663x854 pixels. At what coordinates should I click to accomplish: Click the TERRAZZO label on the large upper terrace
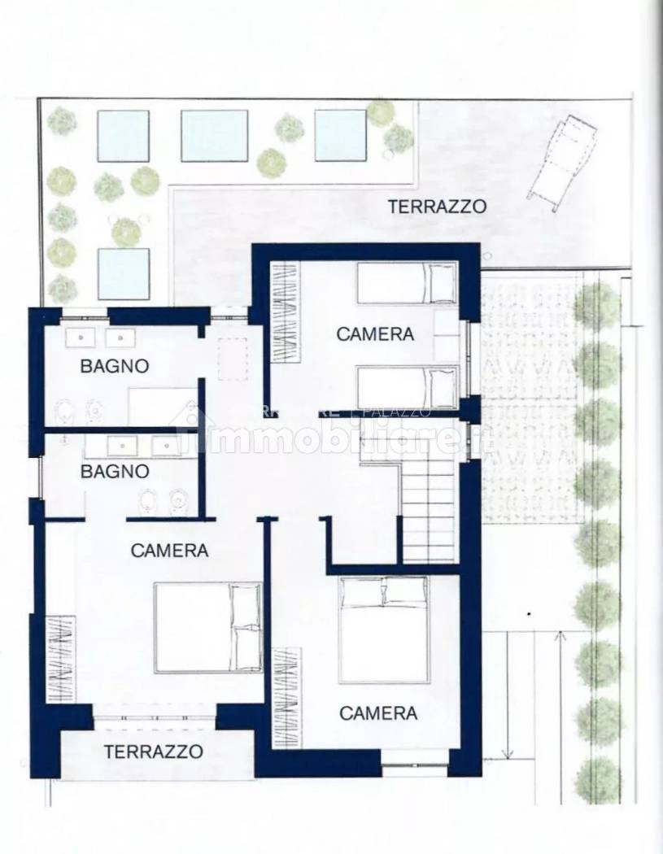point(437,206)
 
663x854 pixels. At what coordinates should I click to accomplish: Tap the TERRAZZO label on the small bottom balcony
point(153,752)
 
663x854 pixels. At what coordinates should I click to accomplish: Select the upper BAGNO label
point(114,366)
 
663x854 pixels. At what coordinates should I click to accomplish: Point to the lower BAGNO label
point(114,471)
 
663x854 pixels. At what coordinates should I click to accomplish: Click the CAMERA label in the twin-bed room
point(375,333)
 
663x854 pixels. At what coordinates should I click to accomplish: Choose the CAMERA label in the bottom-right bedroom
point(378,713)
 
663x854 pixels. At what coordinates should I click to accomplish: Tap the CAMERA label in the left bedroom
point(169,550)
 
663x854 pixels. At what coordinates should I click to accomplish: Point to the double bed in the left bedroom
point(207,626)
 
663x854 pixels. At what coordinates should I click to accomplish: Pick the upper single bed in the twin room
point(407,282)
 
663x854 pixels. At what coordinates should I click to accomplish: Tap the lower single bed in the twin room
point(407,387)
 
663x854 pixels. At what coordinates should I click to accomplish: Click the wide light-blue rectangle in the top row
point(214,135)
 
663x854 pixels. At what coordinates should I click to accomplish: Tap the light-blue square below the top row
point(124,273)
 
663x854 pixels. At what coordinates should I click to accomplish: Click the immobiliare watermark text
point(342,440)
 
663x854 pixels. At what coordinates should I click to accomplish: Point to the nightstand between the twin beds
point(446,334)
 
